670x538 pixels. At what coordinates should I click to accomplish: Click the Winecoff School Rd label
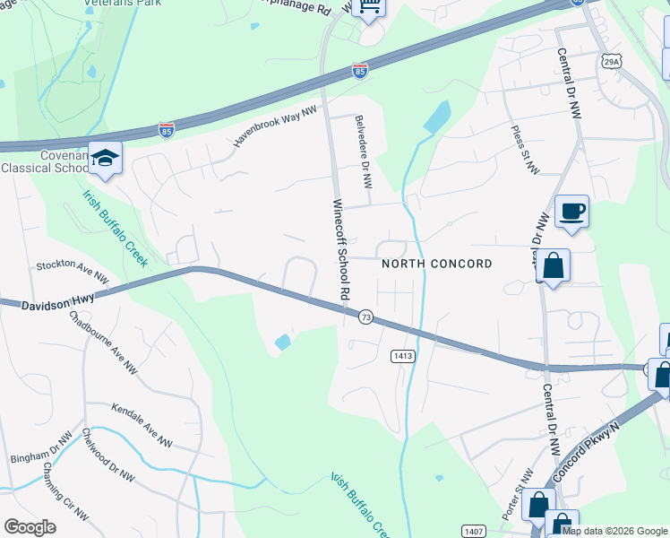coord(339,249)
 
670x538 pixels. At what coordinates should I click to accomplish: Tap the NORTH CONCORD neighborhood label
coord(436,264)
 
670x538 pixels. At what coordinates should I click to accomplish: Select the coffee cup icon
coord(571,212)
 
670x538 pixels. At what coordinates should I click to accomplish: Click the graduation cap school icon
coord(105,159)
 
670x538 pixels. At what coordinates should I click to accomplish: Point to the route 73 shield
coord(365,317)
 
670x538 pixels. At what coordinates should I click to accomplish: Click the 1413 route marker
coord(402,356)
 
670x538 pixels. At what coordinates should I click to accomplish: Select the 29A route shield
coord(611,61)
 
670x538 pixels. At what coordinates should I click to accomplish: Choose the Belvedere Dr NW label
coord(362,150)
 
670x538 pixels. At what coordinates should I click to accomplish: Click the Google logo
coord(30,526)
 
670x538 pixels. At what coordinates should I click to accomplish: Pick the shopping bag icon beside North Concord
coord(553,266)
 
